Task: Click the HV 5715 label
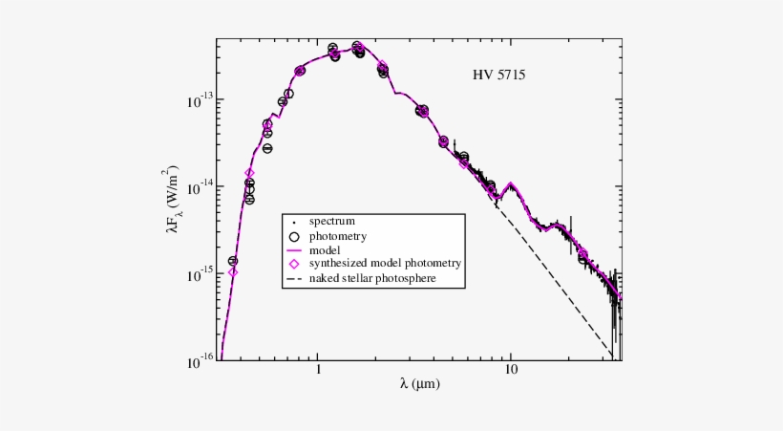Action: pyautogui.click(x=498, y=75)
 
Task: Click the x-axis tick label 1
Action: pyautogui.click(x=318, y=370)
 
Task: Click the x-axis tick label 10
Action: pyautogui.click(x=511, y=370)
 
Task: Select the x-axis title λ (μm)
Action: pyautogui.click(x=420, y=384)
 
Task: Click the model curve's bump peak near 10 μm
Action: pyautogui.click(x=512, y=183)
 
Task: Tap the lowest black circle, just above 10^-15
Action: pyautogui.click(x=232, y=261)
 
